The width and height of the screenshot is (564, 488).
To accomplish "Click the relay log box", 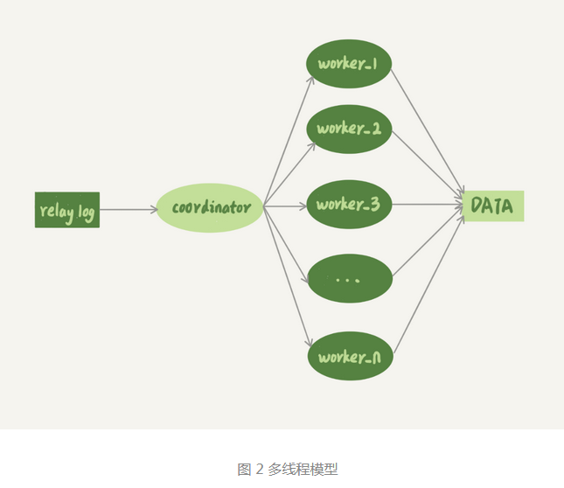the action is (67, 210).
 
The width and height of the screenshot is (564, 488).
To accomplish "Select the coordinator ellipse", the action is (210, 208).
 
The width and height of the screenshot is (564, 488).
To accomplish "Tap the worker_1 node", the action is (349, 65).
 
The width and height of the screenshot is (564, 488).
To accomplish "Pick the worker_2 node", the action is (349, 128).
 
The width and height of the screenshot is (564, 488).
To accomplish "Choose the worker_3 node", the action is (349, 205).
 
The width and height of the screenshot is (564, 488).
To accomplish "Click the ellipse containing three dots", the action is (349, 279).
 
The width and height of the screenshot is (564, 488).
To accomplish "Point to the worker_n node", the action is (349, 357).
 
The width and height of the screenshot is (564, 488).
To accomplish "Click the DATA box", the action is (493, 206).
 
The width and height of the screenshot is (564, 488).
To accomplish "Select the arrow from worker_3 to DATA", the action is (428, 206).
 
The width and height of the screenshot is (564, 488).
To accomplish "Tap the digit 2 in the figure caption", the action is (259, 469).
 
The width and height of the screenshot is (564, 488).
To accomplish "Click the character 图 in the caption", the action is (245, 469).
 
